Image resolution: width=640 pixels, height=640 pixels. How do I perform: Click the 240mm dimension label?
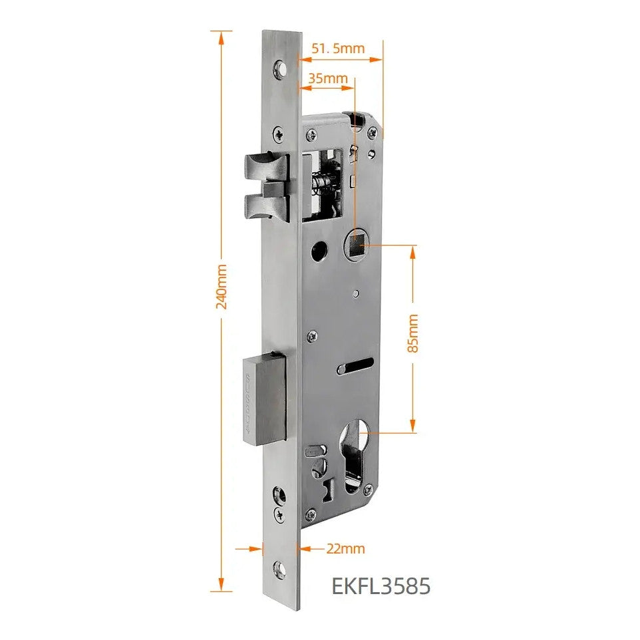(x=221, y=286)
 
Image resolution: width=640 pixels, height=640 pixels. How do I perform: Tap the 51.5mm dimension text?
(x=338, y=49)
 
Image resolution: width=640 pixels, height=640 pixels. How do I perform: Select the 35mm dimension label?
(x=328, y=78)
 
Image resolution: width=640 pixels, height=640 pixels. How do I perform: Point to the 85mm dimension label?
(x=412, y=333)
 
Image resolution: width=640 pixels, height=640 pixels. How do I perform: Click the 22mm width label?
(x=345, y=549)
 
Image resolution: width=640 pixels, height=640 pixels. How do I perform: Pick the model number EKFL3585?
(x=381, y=586)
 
